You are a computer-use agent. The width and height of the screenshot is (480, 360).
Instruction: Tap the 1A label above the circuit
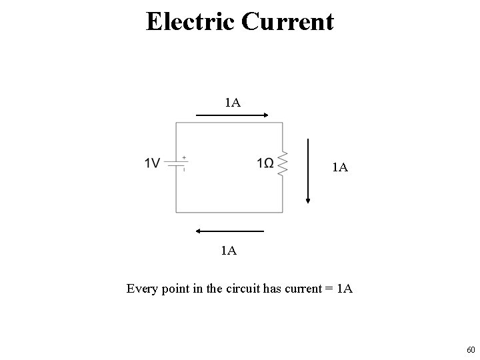[233, 103]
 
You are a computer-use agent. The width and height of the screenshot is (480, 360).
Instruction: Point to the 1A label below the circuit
[229, 251]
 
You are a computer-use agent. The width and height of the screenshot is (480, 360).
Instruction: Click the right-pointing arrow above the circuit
[232, 115]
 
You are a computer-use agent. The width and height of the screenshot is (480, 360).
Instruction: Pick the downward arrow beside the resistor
[309, 170]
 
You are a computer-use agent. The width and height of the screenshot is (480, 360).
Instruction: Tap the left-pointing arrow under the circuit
[230, 231]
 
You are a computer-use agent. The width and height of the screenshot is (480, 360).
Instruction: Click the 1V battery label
[152, 163]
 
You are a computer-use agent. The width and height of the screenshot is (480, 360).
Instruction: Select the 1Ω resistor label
[265, 163]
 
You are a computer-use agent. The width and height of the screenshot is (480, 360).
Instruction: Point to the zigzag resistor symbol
[283, 163]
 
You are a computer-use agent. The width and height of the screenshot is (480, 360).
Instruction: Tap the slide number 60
[471, 349]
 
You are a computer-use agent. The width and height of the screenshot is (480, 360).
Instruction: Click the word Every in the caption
[142, 289]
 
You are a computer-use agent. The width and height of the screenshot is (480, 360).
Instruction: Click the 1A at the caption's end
[345, 289]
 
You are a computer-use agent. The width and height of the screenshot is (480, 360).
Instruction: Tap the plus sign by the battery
[183, 158]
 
